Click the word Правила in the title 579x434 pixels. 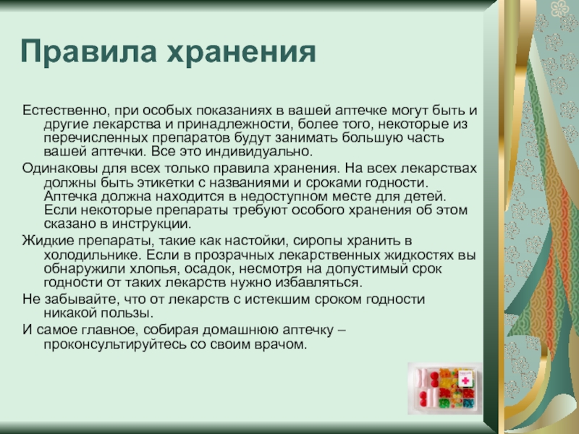(88, 51)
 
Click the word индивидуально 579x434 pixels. (259, 152)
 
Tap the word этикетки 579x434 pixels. (168, 183)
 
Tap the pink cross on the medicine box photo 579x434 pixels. (465, 380)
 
